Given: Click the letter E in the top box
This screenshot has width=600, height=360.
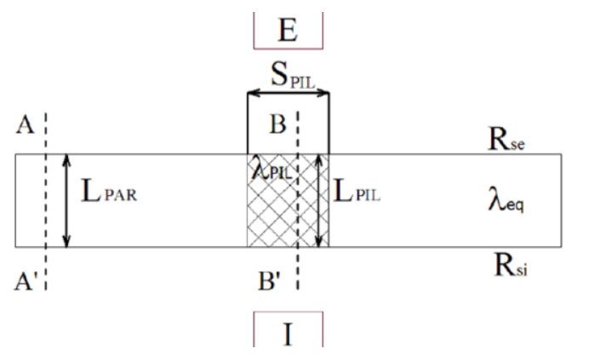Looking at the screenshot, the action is click(x=288, y=30).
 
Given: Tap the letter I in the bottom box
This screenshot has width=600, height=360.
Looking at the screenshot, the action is click(x=289, y=334).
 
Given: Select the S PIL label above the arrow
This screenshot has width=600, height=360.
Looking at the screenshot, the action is click(x=293, y=75).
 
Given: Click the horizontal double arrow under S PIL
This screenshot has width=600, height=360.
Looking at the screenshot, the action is click(x=289, y=93).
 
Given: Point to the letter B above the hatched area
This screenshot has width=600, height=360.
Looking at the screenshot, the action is click(x=277, y=124).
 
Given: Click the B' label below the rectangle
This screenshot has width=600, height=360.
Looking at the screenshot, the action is click(x=270, y=281).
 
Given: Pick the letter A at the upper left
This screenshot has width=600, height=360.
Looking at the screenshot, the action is click(x=25, y=124).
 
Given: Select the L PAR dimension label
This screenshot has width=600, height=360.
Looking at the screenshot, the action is click(x=109, y=191).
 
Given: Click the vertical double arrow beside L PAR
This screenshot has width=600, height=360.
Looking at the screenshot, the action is click(x=66, y=201).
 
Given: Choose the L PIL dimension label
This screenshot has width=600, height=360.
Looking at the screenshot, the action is click(x=357, y=191).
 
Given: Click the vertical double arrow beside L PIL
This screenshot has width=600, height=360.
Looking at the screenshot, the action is click(x=319, y=201).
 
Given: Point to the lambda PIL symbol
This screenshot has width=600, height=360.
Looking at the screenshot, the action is click(x=271, y=170).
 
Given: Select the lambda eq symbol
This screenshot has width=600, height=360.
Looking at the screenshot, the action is click(x=506, y=200).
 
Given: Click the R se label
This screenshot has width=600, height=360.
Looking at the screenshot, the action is click(x=506, y=139).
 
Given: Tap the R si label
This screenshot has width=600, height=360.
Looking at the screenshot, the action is click(x=511, y=265).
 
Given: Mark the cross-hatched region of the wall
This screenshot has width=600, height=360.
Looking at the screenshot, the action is click(x=289, y=201).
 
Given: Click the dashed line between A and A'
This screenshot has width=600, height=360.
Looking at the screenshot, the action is click(x=46, y=201).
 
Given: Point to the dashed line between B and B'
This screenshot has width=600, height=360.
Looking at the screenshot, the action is click(x=298, y=200).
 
